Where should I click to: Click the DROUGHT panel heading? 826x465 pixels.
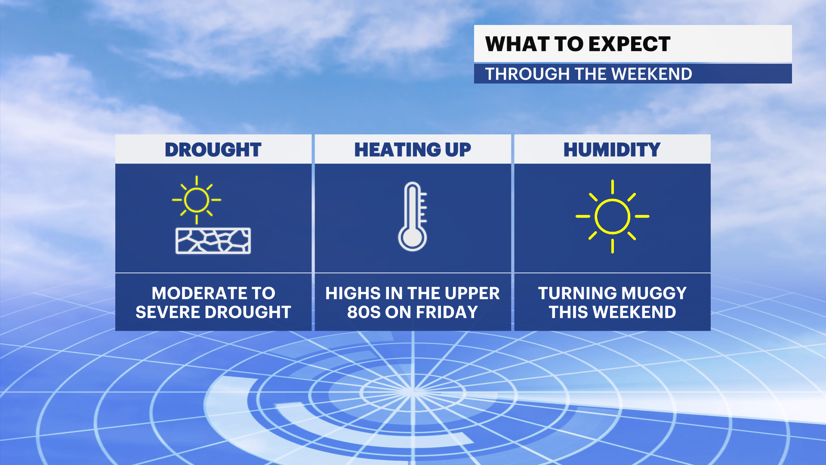[213, 150]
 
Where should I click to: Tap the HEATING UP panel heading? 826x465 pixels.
[413, 150]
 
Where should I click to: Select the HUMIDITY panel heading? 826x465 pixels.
[612, 150]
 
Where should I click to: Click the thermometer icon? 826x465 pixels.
[413, 217]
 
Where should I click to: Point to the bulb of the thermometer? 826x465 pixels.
[412, 238]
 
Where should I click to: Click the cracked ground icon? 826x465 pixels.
[213, 241]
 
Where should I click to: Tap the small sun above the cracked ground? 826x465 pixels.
[197, 200]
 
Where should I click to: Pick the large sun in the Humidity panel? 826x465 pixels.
[612, 216]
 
